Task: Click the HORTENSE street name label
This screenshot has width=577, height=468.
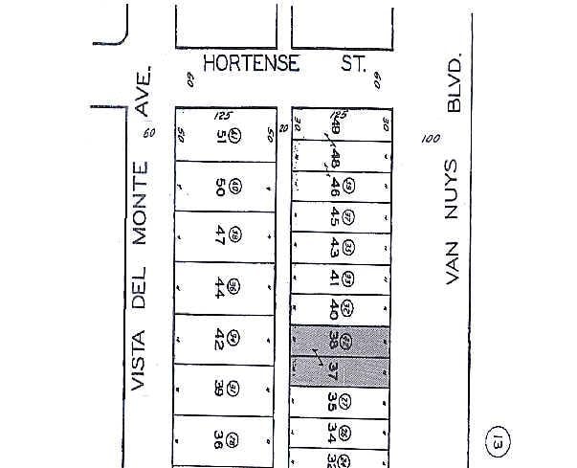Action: tap(253, 64)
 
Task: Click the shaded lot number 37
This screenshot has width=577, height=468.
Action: tap(334, 368)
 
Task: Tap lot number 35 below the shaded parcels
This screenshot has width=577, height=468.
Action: tap(332, 401)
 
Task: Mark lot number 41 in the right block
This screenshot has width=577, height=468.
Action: tap(334, 278)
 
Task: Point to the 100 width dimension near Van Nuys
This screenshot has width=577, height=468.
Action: tap(430, 139)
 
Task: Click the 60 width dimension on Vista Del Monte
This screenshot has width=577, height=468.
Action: tap(148, 133)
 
